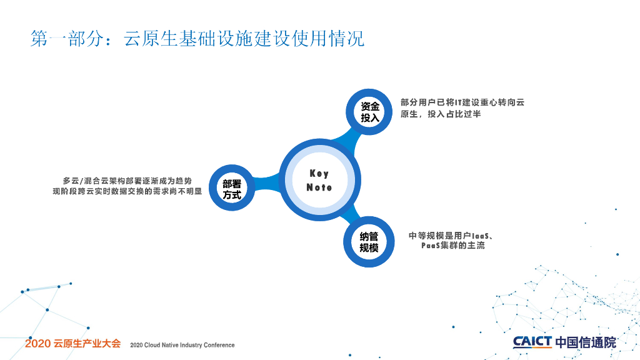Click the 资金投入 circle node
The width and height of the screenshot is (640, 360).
point(370,112)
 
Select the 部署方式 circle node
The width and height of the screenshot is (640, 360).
point(232,189)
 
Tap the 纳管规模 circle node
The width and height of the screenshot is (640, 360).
point(369,242)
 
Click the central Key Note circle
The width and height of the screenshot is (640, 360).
point(319,181)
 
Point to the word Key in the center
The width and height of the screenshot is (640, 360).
point(319,174)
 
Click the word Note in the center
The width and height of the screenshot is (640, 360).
point(319,187)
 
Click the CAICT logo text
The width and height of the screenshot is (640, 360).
point(532,342)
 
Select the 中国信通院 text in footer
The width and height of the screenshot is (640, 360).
point(585,342)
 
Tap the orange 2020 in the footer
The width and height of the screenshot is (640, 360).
point(37,344)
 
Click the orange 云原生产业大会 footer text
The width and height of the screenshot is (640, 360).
point(87,344)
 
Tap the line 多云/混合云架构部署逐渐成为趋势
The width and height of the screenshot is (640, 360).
point(127,181)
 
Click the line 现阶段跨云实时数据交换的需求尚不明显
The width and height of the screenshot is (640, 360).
point(127,191)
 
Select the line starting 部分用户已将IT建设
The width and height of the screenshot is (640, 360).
point(462,102)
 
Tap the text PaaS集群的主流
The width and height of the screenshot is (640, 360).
point(452,246)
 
